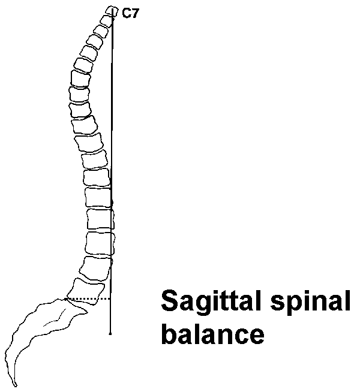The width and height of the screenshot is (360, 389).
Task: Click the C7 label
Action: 130,14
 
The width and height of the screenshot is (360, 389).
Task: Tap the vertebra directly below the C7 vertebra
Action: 106,21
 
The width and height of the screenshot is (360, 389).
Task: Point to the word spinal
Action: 305,301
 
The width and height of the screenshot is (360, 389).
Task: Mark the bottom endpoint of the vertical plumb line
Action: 110,333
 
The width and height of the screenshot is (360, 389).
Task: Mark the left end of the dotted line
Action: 65,298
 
